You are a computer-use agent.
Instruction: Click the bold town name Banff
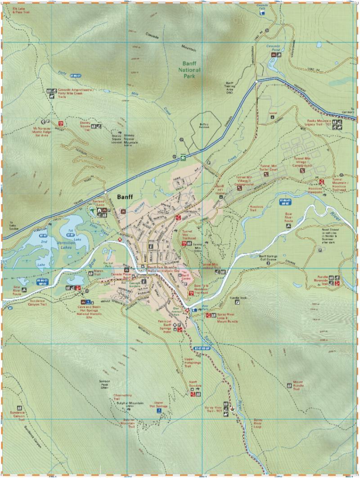point(126,197)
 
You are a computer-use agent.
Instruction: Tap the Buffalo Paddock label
point(203,127)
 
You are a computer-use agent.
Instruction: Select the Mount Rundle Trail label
point(293,386)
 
